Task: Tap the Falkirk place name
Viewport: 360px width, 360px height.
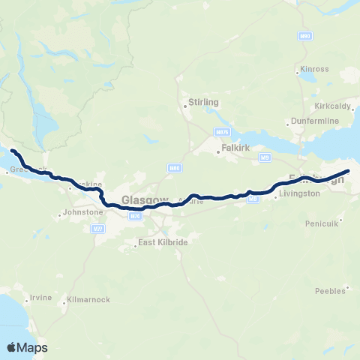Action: [x=231, y=149]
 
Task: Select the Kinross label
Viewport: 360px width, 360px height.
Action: [x=315, y=69]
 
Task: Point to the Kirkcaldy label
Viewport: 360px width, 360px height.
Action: [x=333, y=106]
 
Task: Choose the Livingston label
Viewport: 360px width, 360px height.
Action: [x=299, y=193]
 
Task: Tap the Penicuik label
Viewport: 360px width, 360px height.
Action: [x=323, y=223]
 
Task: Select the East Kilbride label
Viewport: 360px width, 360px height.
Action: [x=162, y=244]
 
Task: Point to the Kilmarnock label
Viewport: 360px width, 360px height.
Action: [x=88, y=299]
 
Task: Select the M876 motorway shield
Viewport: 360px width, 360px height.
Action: [x=221, y=132]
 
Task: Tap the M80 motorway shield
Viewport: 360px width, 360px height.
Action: [x=174, y=168]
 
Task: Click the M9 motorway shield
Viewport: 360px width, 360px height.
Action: [x=265, y=157]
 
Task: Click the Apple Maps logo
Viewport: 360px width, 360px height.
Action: [x=27, y=347]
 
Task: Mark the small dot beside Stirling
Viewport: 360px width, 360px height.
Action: [x=185, y=106]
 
